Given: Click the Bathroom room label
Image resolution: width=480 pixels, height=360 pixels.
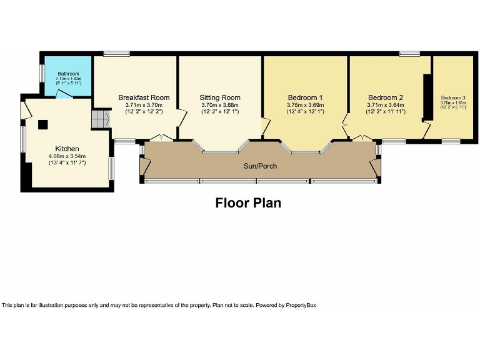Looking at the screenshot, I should click(x=68, y=73).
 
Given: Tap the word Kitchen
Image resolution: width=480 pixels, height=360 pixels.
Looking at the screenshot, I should click(x=67, y=148).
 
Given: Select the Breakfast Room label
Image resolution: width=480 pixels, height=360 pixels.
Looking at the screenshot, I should click(x=144, y=97).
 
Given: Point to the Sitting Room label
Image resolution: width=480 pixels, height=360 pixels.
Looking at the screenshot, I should click(x=220, y=97).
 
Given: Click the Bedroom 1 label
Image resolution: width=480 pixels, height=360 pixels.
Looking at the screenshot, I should click(x=305, y=97).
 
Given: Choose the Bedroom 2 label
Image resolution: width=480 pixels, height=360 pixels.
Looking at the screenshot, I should click(x=386, y=97).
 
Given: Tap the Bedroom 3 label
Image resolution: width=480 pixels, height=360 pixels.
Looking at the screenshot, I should click(x=453, y=98).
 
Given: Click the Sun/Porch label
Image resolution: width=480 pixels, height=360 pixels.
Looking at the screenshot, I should click(x=260, y=166).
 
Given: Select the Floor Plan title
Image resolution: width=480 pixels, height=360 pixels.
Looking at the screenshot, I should click(x=248, y=203).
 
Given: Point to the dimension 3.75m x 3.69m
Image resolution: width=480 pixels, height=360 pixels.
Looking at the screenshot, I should click(x=305, y=105).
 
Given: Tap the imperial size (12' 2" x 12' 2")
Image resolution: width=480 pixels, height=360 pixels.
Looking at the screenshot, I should click(x=144, y=112).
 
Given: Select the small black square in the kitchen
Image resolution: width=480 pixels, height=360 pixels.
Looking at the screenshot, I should click(x=43, y=124).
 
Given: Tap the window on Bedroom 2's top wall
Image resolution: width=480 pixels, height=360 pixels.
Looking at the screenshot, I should click(x=410, y=54).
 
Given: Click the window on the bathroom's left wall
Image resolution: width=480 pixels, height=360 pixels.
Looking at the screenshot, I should click(x=41, y=73).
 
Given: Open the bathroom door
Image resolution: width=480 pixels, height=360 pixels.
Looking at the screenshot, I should click(x=63, y=94).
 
